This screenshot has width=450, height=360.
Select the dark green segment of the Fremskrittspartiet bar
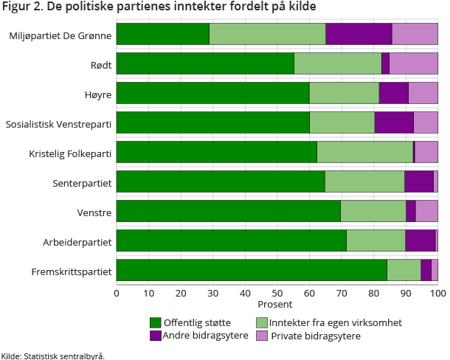[x=252, y=270]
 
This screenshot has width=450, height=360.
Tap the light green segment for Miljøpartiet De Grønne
[x=267, y=34]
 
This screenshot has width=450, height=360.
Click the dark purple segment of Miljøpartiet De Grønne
[x=359, y=34]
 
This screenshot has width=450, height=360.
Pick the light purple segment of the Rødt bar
[x=413, y=63]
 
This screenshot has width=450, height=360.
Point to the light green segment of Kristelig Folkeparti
[x=364, y=152]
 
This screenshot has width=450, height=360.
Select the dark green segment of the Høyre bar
[x=212, y=93]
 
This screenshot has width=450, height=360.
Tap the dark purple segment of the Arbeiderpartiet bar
[x=420, y=240]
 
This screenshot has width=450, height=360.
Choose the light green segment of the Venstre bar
[x=373, y=211]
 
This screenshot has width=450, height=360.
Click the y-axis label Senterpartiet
[x=82, y=182]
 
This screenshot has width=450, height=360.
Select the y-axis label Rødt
[x=101, y=64]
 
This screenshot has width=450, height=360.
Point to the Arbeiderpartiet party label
[x=77, y=241]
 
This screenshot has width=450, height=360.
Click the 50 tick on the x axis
[x=277, y=293]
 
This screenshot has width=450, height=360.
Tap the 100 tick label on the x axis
[x=437, y=293]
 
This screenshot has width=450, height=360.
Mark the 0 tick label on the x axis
[x=117, y=293]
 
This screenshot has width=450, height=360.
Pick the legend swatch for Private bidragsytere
[x=261, y=336]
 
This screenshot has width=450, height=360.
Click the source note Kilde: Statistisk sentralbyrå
[x=53, y=355]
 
